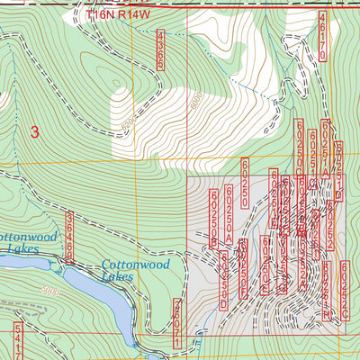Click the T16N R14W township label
click(121, 15)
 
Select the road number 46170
click(322, 42)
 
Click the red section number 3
click(35, 131)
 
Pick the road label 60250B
click(214, 218)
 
